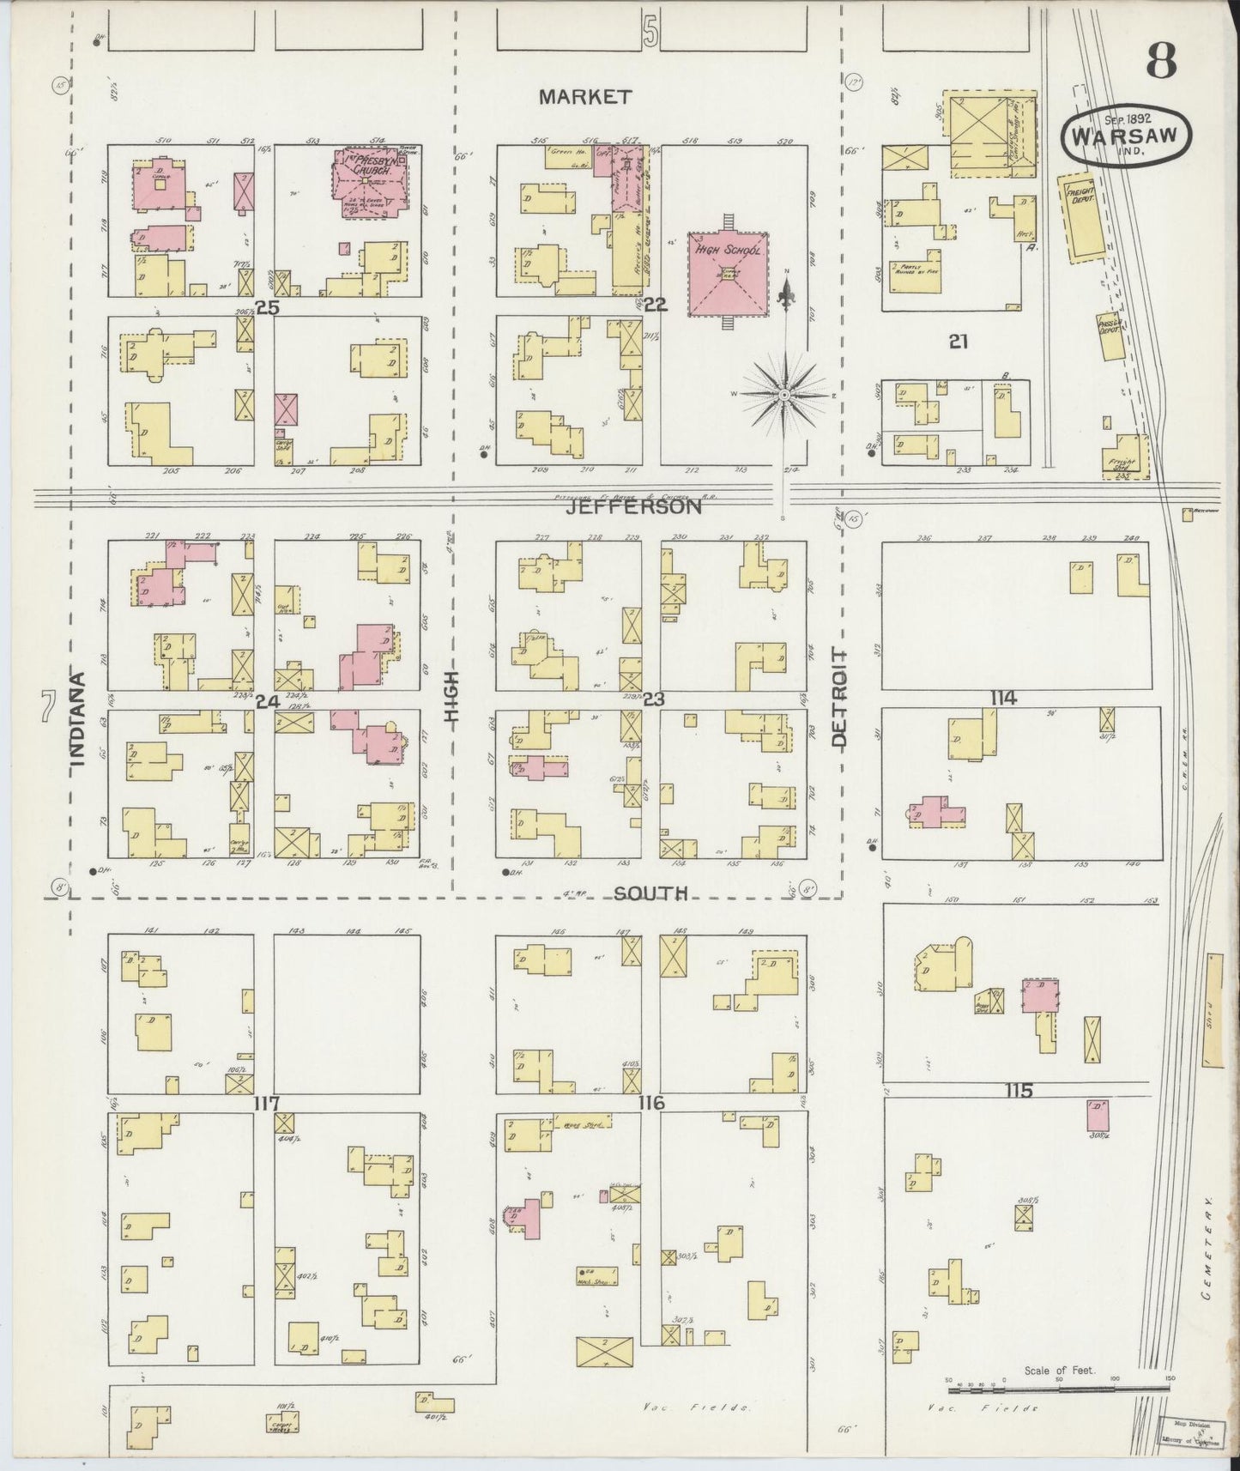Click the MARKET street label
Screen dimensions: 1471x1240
pyautogui.click(x=585, y=97)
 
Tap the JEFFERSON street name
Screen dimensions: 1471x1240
pyautogui.click(x=633, y=507)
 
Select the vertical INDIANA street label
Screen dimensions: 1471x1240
pyautogui.click(x=78, y=718)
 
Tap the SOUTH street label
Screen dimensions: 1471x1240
pyautogui.click(x=651, y=893)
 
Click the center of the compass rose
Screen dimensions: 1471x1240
pyautogui.click(x=783, y=394)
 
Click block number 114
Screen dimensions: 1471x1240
pyautogui.click(x=1003, y=699)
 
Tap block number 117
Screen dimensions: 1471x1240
pyautogui.click(x=267, y=1102)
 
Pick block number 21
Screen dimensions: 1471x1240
pyautogui.click(x=959, y=342)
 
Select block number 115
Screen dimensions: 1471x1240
pyautogui.click(x=1019, y=1091)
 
